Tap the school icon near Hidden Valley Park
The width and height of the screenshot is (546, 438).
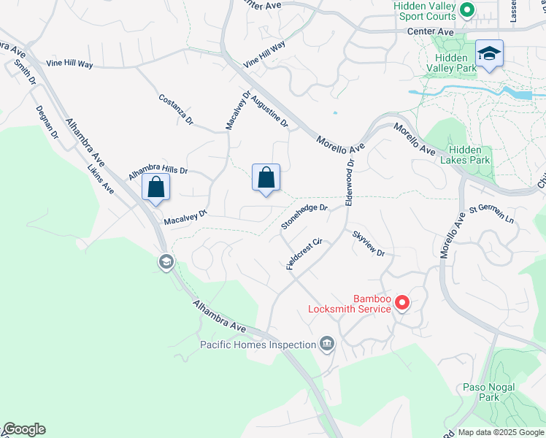coord(489,53)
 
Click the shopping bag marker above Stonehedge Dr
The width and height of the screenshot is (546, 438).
coord(266,177)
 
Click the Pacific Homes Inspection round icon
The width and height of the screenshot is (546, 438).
coord(326,344)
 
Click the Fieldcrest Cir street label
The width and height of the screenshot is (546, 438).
coord(304,254)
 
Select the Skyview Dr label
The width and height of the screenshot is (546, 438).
coord(368,243)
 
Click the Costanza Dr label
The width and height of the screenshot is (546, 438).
coord(175,108)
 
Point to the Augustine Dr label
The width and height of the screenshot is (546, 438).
coord(269,110)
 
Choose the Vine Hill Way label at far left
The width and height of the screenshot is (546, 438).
coord(70,64)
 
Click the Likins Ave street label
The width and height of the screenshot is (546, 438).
coord(100,177)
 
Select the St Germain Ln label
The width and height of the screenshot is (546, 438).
coord(492,215)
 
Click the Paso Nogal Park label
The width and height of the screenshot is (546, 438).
coord(489,392)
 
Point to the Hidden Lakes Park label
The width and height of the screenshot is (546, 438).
coord(469,154)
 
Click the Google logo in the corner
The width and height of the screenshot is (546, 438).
coord(24,429)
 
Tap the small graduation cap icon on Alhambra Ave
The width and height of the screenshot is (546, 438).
coord(166,262)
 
